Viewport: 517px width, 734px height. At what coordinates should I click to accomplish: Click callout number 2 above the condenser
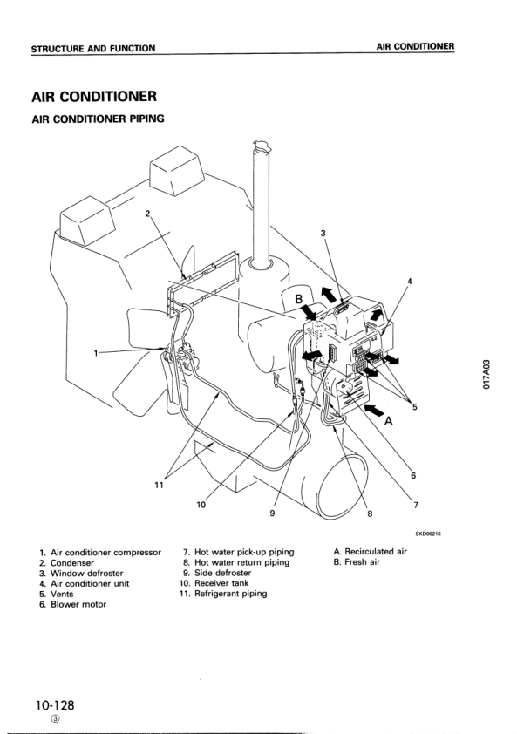pos(147,214)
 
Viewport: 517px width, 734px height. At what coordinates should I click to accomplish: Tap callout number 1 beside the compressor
pos(96,353)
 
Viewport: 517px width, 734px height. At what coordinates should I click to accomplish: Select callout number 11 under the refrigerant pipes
pos(160,486)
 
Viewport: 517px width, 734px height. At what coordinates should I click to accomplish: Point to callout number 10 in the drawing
pos(201,505)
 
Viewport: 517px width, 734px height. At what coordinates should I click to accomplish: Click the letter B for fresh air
pos(299,299)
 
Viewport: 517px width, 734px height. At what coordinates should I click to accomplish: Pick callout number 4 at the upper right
pos(410,282)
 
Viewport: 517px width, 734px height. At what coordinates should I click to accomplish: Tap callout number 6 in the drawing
pos(413,476)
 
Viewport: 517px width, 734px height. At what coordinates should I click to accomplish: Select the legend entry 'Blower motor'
pos(78,604)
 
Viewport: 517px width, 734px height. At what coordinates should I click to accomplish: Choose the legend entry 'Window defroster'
pos(86,574)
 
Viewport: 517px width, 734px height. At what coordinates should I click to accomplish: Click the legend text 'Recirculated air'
pos(376,552)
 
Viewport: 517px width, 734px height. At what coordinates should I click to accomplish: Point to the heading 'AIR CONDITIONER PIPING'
pos(98,119)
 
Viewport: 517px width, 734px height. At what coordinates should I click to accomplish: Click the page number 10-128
pos(53,705)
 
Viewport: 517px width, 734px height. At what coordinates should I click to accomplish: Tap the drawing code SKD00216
pos(428,534)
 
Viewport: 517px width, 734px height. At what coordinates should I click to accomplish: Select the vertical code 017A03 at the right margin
pos(487,375)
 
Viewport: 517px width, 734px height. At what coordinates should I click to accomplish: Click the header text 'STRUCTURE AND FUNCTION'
pos(93,49)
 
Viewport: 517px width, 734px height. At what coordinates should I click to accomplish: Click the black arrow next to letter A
pos(374,411)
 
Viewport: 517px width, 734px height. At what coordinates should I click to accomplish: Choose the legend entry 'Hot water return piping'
pos(242,562)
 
